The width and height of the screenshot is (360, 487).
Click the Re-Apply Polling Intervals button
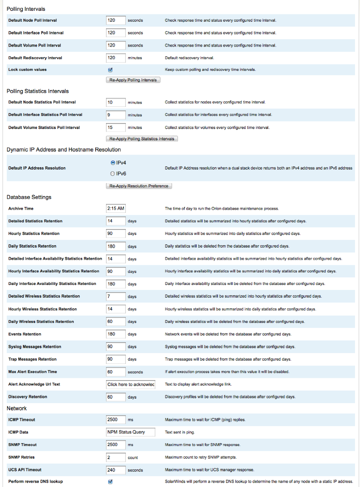coord(133,80)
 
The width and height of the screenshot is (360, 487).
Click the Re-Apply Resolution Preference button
coord(138,186)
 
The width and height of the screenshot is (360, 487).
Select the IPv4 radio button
coord(112,162)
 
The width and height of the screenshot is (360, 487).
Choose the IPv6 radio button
coord(112,174)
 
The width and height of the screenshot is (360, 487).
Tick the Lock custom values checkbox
coord(110,70)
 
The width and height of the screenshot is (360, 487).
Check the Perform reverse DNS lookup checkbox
coord(110,482)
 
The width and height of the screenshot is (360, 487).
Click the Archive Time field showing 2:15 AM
coord(115,208)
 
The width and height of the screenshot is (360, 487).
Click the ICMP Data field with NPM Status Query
coord(130,432)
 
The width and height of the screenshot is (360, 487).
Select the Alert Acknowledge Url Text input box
coord(130,384)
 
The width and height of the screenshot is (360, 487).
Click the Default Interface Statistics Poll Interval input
coord(115,115)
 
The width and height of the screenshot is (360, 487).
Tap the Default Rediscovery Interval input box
coord(115,58)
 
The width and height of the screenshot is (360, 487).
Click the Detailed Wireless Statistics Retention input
coord(115,296)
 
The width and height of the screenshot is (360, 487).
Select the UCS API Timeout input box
coord(115,470)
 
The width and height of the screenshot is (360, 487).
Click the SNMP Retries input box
coord(115,457)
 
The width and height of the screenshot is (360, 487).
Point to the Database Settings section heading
coord(29,197)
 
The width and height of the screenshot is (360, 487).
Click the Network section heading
coord(17,408)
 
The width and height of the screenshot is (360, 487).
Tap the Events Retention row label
coord(25,334)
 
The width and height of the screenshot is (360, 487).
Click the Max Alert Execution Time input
coord(115,372)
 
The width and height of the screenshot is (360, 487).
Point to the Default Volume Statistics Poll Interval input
coord(115,128)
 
